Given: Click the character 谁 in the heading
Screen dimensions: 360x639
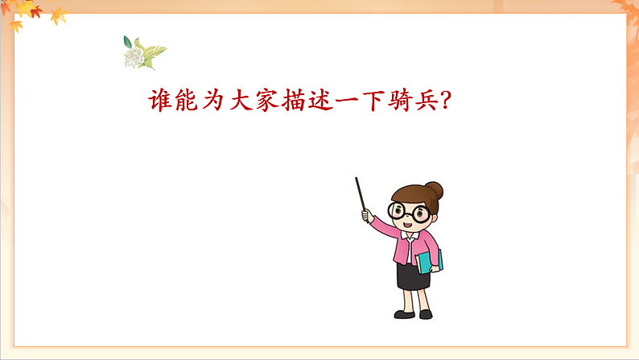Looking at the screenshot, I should pos(162,101).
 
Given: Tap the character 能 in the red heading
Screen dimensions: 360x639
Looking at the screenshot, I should pos(189,101).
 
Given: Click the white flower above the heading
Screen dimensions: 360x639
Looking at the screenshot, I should pos(137,56).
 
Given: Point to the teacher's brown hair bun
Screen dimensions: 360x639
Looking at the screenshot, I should pos(435,191).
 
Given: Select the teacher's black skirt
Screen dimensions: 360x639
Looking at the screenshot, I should pos(413,275).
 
